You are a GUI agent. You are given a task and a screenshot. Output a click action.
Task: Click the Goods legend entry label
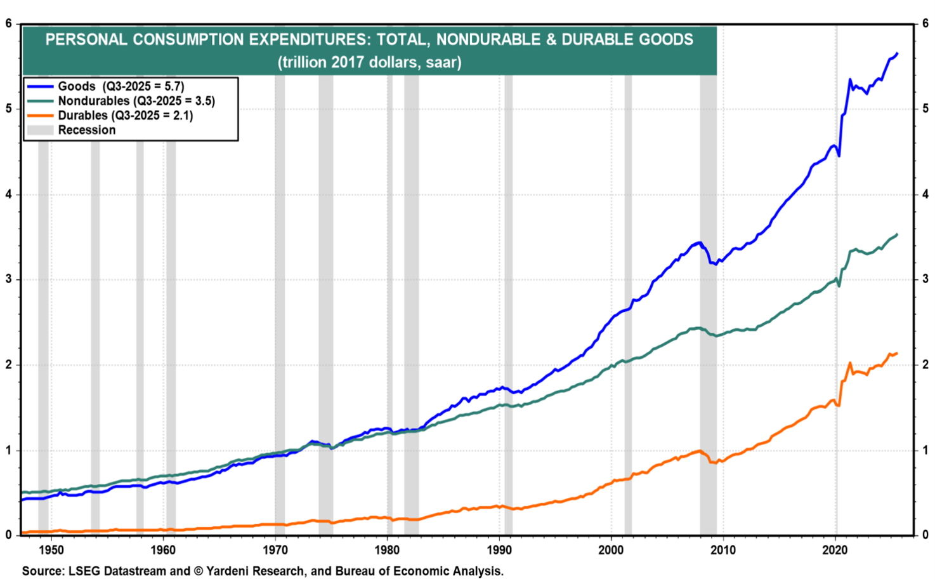coord(121,86)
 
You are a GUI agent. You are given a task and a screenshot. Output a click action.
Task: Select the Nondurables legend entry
coord(136,101)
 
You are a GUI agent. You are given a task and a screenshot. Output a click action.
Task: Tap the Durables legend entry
coord(125,116)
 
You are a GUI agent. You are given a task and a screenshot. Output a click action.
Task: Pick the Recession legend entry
coord(86,130)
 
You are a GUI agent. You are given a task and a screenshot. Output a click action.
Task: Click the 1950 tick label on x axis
coord(51,550)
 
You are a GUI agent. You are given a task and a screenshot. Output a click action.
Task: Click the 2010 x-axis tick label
coord(723,550)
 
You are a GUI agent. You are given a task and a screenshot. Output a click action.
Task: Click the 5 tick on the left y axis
coord(9,109)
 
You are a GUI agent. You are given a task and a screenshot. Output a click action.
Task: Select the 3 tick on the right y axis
coord(925,279)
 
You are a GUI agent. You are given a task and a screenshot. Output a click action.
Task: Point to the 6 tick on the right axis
coord(925,23)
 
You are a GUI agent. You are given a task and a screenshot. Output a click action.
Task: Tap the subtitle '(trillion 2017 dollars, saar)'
coord(369,62)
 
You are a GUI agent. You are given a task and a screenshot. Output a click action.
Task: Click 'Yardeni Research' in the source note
coord(251,571)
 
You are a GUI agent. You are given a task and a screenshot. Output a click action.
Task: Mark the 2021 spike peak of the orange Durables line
coord(850,363)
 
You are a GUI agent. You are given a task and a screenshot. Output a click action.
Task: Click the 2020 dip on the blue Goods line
coord(839,156)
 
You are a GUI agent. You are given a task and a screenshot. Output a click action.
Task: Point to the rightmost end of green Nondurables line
coord(897,234)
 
